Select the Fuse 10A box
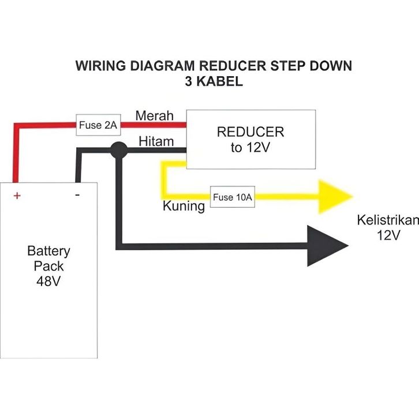(x=233, y=197)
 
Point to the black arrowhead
(x=326, y=245)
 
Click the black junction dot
(x=119, y=150)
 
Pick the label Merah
(x=154, y=115)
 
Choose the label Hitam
(x=156, y=141)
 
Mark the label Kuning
(x=184, y=206)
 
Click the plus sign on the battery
(x=17, y=196)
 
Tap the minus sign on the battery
(x=77, y=195)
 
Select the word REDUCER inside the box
(x=250, y=132)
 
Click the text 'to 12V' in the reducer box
(x=250, y=148)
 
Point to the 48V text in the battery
(x=48, y=282)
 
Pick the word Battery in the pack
(x=48, y=251)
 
